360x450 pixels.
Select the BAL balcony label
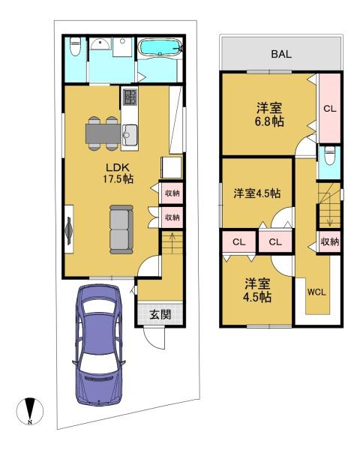coord(281,55)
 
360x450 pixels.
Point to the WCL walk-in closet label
coord(316,292)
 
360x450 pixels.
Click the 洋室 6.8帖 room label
coord(267,114)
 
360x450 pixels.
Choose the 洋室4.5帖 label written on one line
coord(256,193)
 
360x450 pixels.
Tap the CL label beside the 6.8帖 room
coord(329,109)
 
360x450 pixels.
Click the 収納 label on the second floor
coord(329,241)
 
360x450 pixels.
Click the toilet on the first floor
coord(73,50)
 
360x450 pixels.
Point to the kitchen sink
coord(127,135)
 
